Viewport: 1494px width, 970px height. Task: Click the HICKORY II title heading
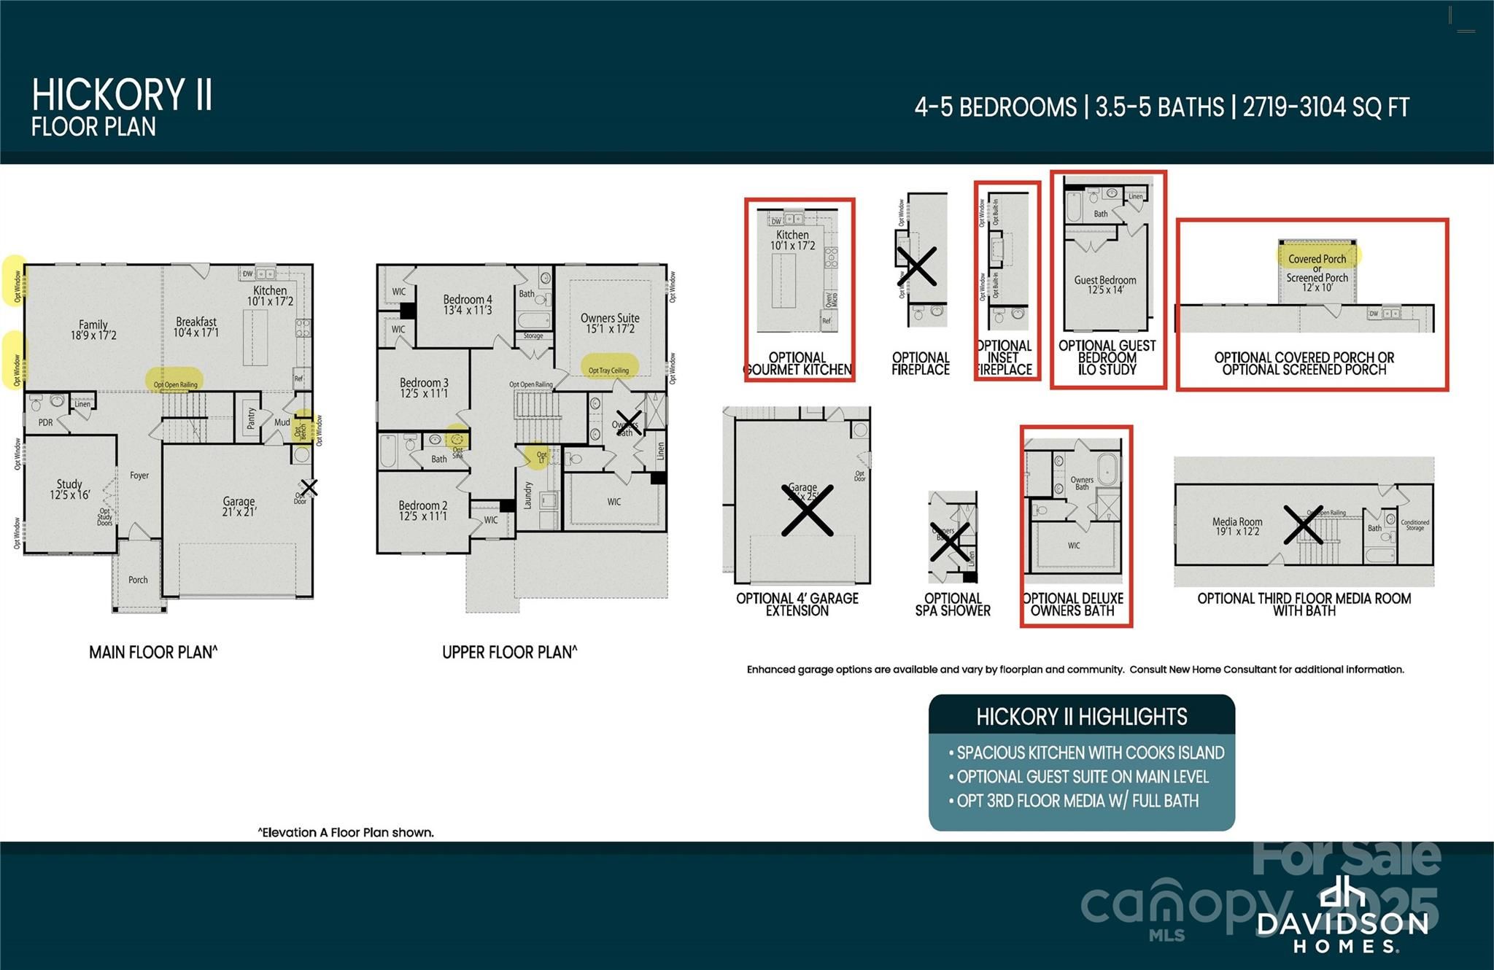coord(122,96)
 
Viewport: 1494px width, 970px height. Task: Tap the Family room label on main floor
coord(93,330)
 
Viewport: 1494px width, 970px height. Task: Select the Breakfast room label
coord(196,327)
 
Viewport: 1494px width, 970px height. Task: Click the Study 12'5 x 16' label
coord(69,489)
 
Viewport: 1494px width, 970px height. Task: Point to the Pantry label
coord(251,418)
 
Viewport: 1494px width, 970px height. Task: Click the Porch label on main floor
coord(138,580)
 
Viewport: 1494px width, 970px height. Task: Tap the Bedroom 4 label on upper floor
coord(468,304)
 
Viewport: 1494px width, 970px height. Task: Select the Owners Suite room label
coord(610,323)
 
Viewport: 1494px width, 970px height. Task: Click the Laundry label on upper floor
coord(527,494)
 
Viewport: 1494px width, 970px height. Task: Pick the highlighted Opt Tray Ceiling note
coord(609,369)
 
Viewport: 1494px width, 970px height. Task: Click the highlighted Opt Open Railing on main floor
coord(175,384)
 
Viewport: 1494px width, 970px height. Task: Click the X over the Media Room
coord(1303,525)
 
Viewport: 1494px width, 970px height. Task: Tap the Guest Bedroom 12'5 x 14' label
coord(1105,284)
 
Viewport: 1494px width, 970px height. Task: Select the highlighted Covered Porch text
coord(1317,258)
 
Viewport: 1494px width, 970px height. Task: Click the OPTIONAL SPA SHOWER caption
coord(953,605)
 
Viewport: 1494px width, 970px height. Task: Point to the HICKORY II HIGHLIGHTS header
coord(1081,717)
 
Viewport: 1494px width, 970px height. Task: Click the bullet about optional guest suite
coord(1083,777)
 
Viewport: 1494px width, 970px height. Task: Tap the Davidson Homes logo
coord(1342,916)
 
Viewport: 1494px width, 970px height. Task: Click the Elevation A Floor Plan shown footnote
coord(346,832)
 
